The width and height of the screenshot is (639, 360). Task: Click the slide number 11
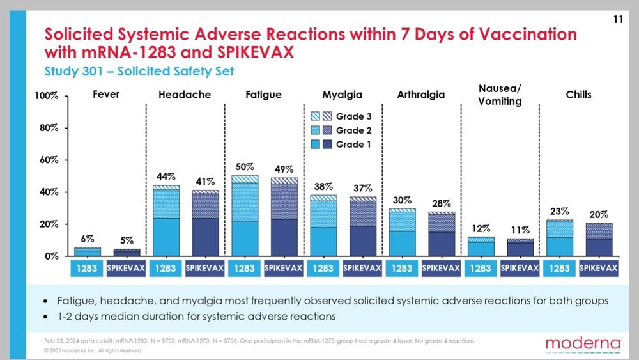618,20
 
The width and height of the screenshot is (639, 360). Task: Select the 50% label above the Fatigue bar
245,166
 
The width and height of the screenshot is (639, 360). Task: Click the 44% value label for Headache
166,176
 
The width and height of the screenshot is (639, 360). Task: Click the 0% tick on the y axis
50,256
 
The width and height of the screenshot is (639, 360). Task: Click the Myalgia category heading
343,95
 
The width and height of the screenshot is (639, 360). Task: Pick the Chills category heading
578,95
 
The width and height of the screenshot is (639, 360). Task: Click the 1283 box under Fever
87,269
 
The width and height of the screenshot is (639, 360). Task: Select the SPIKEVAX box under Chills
598,269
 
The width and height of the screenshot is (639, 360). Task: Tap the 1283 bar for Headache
166,221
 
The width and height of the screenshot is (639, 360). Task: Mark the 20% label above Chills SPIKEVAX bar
598,214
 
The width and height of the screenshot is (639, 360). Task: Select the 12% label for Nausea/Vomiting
481,228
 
